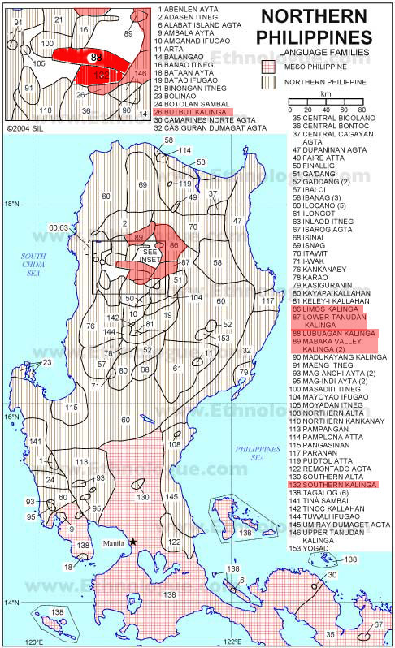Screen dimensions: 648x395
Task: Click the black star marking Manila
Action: [133, 542]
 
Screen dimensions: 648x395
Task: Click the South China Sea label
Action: [34, 264]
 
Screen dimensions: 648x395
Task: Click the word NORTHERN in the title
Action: [323, 17]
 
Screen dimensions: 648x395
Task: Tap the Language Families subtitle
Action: [323, 52]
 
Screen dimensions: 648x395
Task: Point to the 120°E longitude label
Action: [33, 642]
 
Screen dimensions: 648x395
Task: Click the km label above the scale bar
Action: [326, 95]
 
